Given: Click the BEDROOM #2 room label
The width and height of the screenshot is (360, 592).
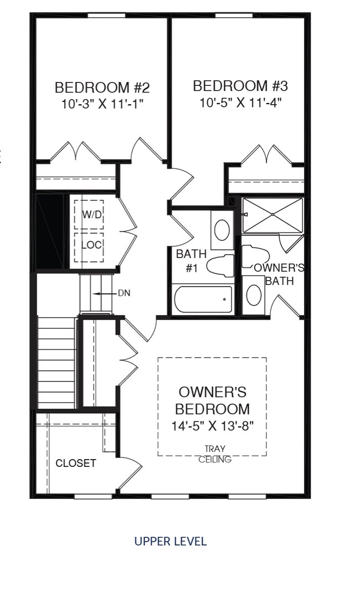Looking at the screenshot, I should click(x=102, y=87).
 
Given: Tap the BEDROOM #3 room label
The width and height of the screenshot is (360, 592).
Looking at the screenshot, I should click(x=240, y=86).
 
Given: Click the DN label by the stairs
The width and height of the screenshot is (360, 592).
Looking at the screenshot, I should click(x=124, y=294).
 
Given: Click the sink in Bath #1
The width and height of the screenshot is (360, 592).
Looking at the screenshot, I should click(x=222, y=230).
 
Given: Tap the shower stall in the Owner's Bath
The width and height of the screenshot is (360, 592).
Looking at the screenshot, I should click(x=272, y=215).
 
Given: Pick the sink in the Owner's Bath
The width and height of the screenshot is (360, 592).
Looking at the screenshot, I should click(x=254, y=295).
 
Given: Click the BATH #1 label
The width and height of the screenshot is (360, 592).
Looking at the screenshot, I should click(x=191, y=261).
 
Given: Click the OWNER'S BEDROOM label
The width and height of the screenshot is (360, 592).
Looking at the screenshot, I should click(x=212, y=400).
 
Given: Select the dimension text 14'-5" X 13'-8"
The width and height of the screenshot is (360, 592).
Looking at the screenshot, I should click(x=212, y=426).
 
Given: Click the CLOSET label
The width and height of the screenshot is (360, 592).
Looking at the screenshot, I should click(x=76, y=463).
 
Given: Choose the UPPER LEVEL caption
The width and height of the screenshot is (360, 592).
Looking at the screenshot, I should click(x=171, y=541).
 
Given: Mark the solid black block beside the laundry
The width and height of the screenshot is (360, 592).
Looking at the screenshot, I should click(x=52, y=231).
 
